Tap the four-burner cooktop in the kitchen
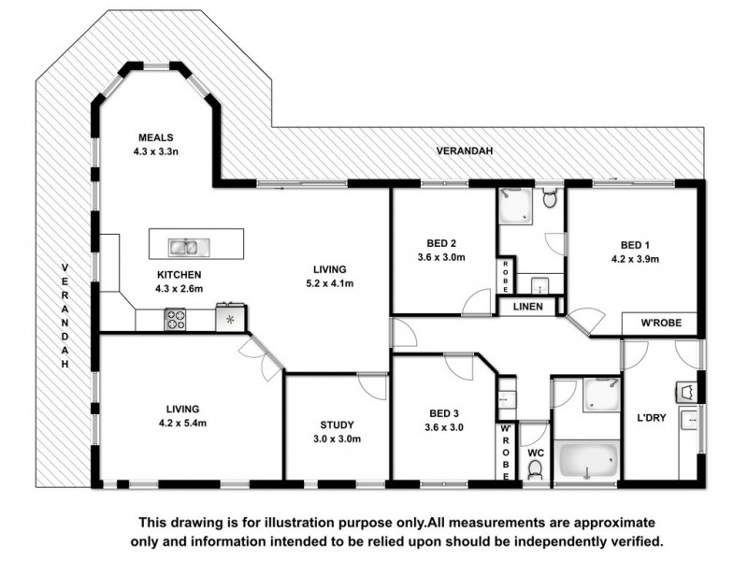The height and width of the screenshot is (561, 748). tap(175, 319)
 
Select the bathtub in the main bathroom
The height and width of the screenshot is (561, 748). tap(587, 461)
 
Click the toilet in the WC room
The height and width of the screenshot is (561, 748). tap(535, 470)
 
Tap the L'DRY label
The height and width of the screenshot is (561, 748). tap(650, 418)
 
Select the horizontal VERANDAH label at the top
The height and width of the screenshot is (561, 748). tap(464, 151)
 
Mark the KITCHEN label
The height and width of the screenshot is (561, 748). tap(179, 275)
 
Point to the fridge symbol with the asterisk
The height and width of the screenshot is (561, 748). tap(230, 319)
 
